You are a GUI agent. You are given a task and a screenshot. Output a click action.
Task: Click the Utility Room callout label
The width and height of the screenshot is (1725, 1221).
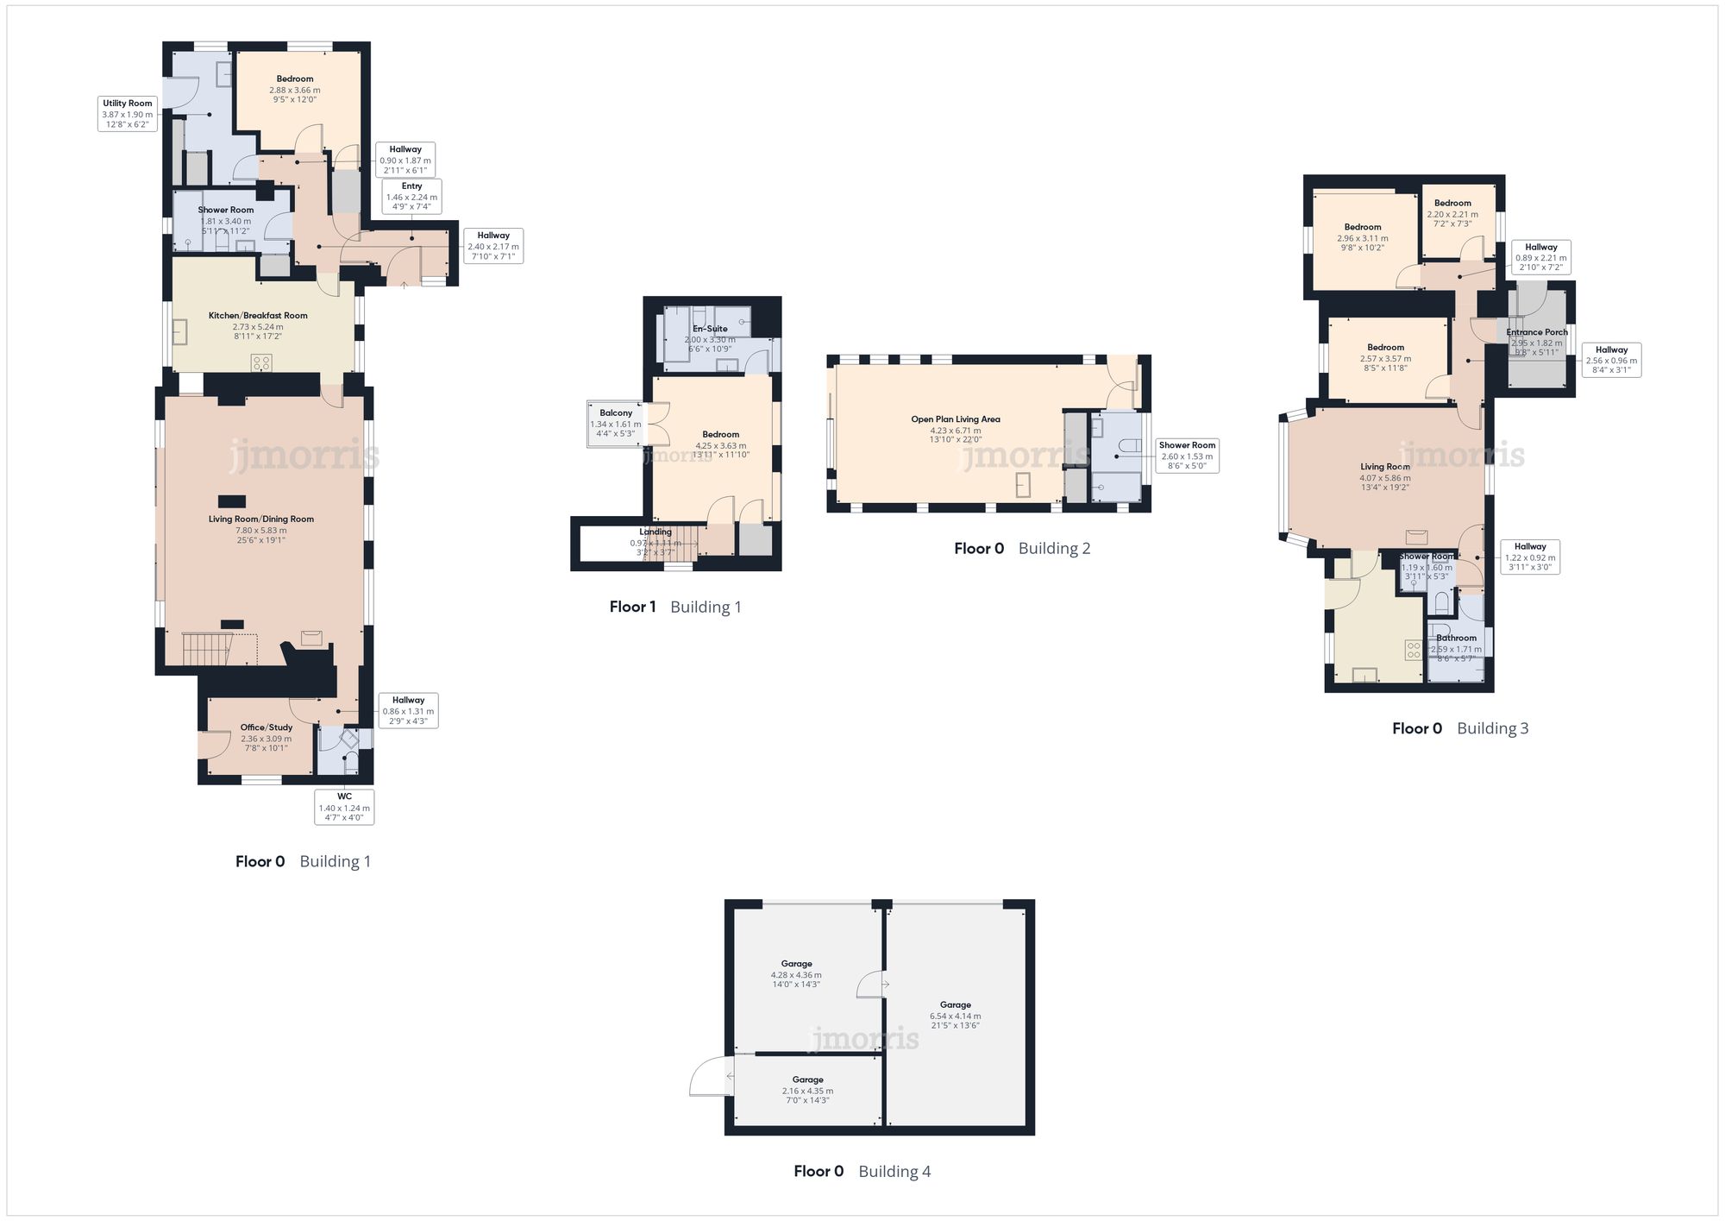click(x=128, y=114)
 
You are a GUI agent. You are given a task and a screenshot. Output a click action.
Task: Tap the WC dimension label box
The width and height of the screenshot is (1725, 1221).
click(x=344, y=808)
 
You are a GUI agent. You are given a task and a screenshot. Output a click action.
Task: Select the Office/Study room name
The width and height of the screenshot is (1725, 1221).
click(x=267, y=727)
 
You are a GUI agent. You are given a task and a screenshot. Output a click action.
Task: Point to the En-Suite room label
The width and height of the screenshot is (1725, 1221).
click(x=710, y=329)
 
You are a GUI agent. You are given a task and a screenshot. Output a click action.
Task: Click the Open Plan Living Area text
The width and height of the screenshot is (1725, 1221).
click(x=956, y=419)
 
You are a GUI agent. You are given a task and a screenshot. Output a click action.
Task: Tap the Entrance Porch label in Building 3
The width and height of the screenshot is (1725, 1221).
click(x=1537, y=332)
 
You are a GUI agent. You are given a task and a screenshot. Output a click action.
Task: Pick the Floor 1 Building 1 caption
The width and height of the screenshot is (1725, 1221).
click(x=675, y=607)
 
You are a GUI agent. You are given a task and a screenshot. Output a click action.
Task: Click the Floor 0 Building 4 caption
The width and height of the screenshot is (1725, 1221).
click(x=862, y=1171)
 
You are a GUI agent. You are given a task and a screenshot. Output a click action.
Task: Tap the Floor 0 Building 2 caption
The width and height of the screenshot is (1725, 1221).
click(x=1022, y=548)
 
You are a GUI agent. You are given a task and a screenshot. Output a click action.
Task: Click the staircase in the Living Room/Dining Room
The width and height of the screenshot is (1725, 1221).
click(x=207, y=649)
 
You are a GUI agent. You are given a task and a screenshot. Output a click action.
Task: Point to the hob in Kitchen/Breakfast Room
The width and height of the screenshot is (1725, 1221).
click(x=261, y=362)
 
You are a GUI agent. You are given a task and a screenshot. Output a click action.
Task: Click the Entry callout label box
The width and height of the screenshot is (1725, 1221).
click(x=411, y=197)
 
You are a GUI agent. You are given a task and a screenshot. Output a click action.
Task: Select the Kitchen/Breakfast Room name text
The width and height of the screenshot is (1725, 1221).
click(x=258, y=316)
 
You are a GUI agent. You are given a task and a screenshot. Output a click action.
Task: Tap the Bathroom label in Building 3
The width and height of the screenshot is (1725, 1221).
click(x=1456, y=639)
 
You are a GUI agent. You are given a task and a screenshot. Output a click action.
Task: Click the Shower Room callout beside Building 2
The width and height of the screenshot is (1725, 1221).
click(x=1187, y=456)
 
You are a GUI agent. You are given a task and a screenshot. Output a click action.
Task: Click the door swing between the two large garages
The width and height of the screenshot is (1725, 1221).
click(x=872, y=985)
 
